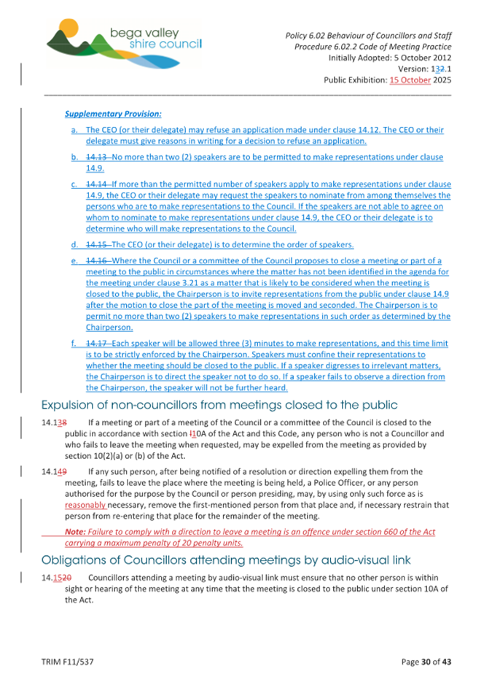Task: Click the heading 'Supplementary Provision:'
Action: (x=113, y=115)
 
